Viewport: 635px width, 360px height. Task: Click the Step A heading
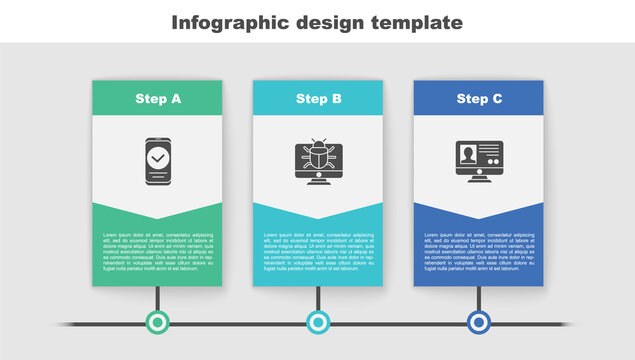157,99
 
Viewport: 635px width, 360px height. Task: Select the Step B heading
318,99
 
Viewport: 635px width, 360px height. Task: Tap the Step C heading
479,99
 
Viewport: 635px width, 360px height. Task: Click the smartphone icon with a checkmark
157,161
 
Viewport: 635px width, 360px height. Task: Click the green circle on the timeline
157,322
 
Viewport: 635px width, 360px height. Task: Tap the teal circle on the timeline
318,322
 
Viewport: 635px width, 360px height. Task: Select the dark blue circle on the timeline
479,322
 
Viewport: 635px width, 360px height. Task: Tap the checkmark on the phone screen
157,158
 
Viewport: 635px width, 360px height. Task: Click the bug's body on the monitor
318,156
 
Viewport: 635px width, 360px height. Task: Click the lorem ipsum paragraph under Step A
157,250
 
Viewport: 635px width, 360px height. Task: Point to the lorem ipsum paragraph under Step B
318,250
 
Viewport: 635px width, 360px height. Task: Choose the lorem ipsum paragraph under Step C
479,250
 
